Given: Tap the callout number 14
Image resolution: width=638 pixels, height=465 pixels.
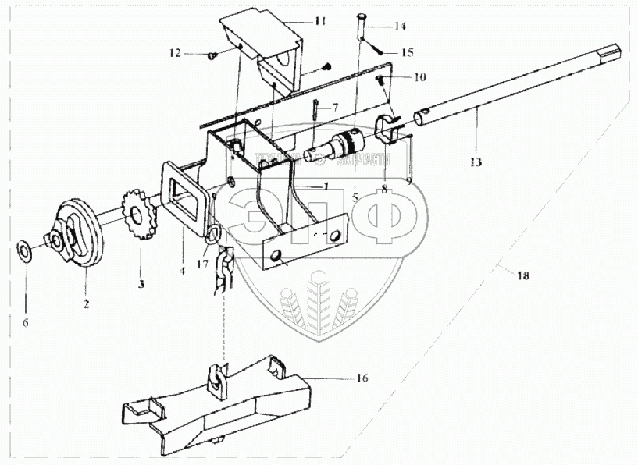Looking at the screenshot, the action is pyautogui.click(x=400, y=26).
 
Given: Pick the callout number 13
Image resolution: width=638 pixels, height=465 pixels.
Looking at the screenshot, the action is pyautogui.click(x=476, y=162).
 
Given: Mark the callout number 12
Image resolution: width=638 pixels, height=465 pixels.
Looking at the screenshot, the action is pyautogui.click(x=174, y=53).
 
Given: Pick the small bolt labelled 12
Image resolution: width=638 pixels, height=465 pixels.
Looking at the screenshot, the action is pyautogui.click(x=212, y=55).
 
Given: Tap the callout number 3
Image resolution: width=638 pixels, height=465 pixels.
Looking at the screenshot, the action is pyautogui.click(x=142, y=283).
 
